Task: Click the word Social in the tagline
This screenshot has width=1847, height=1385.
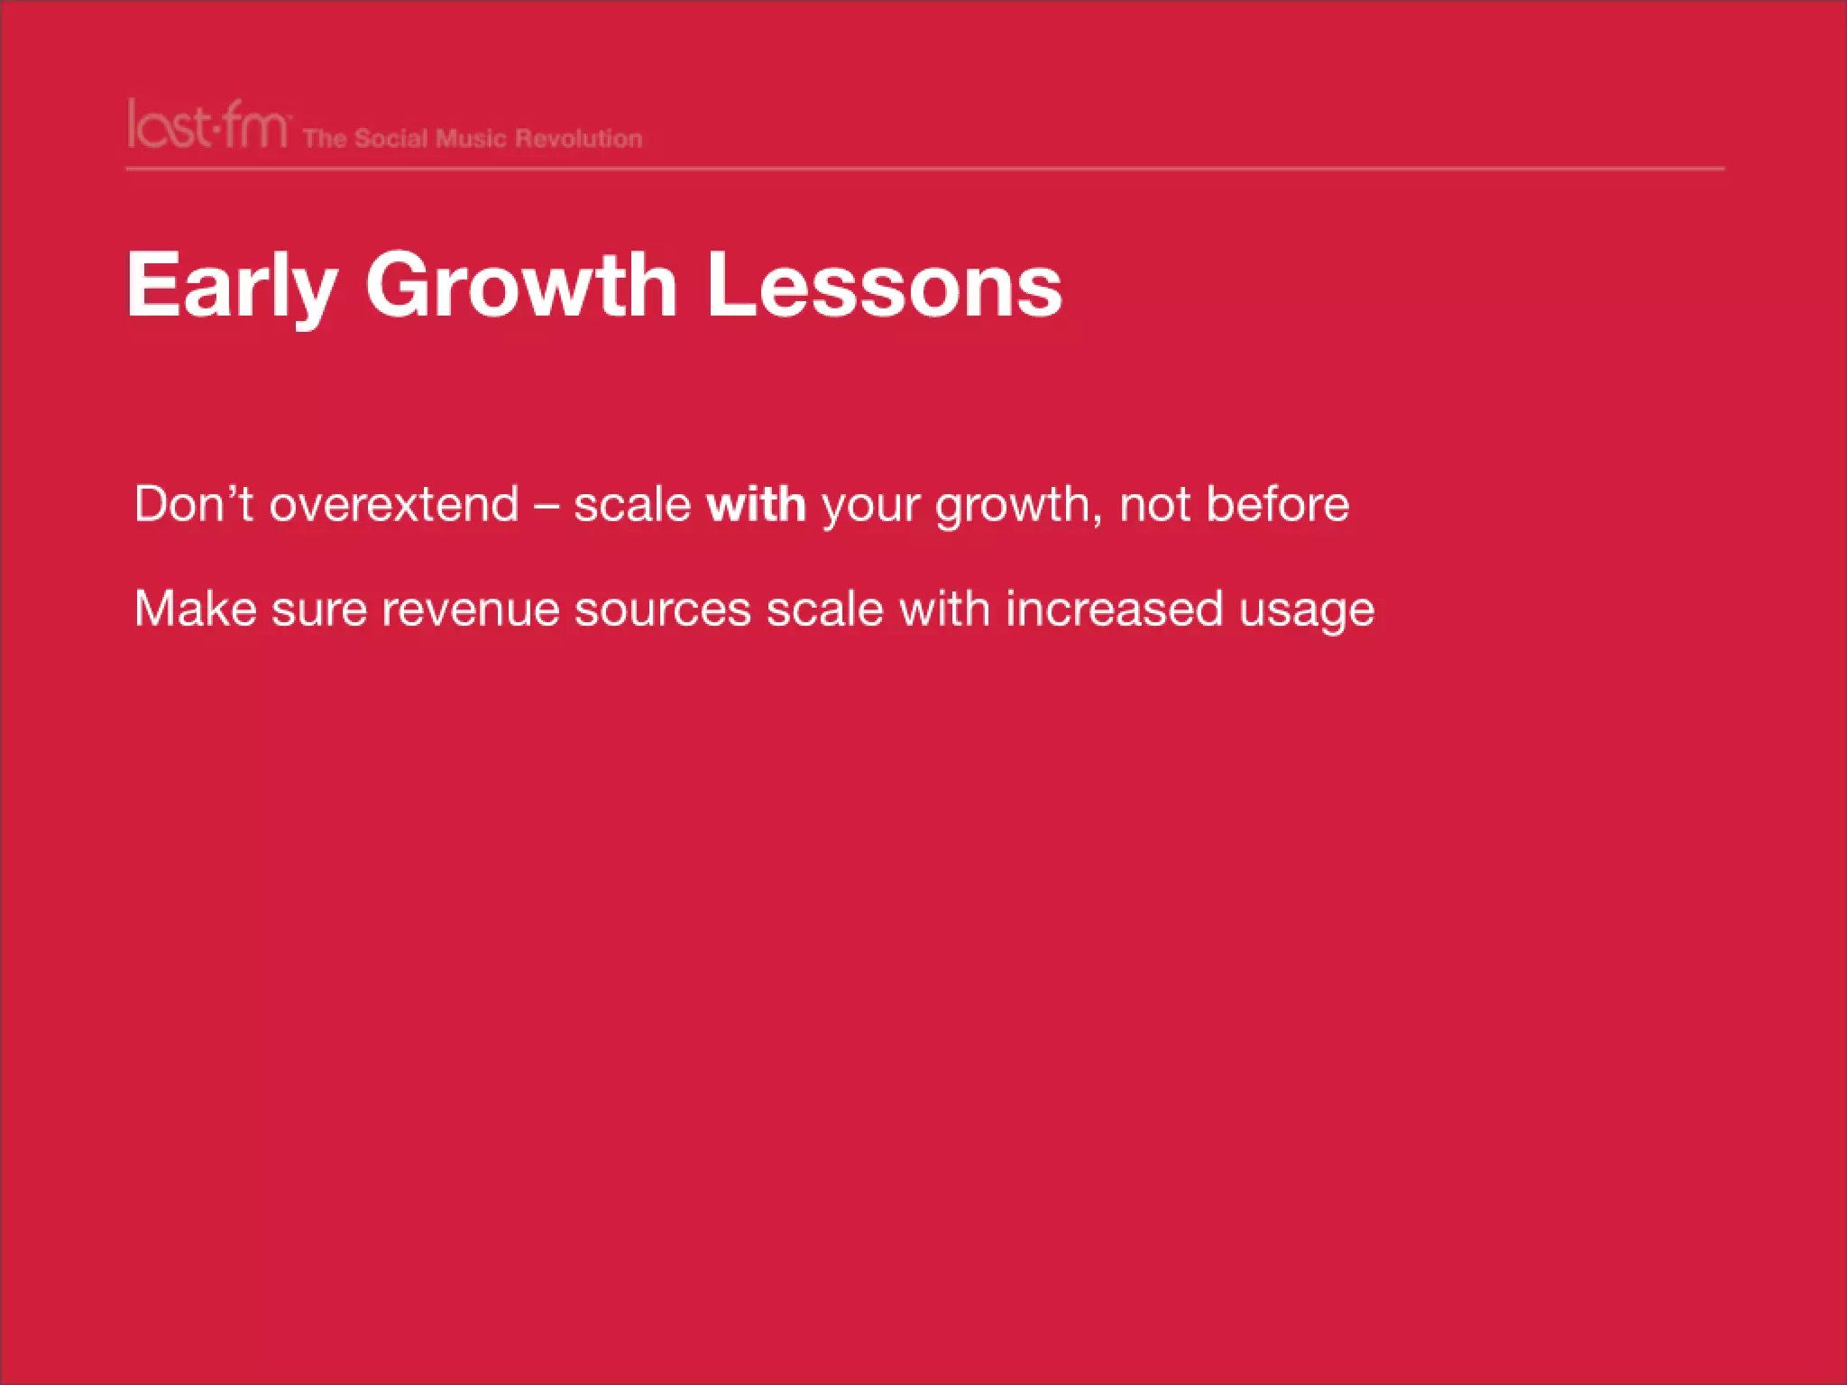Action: (391, 139)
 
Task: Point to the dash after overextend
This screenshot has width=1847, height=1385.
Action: (547, 505)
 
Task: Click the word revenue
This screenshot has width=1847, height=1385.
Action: (471, 610)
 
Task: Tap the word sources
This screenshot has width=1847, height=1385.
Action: (663, 610)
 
